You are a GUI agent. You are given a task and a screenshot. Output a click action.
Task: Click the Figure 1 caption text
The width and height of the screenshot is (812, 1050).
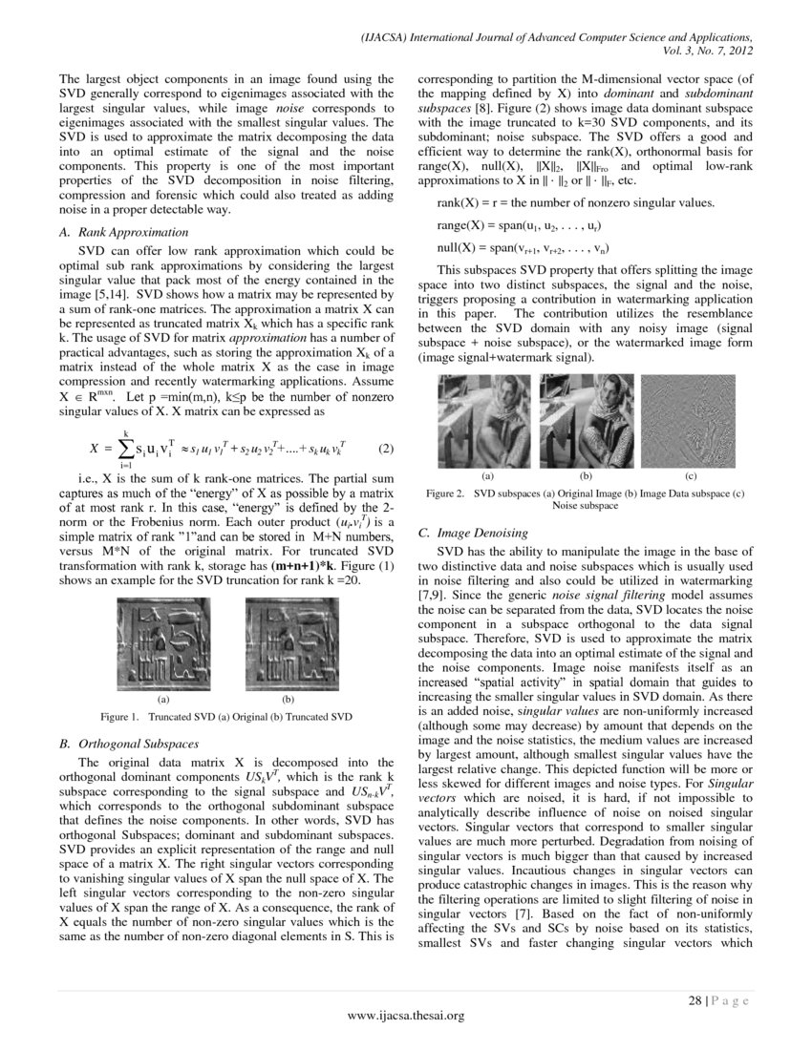coord(226,716)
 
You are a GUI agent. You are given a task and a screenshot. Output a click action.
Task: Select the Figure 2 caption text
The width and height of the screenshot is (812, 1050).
coord(584,498)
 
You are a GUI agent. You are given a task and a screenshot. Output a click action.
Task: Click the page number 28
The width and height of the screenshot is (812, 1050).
coord(695,1000)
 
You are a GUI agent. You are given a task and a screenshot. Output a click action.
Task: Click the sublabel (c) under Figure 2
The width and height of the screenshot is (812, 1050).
coord(690,474)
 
